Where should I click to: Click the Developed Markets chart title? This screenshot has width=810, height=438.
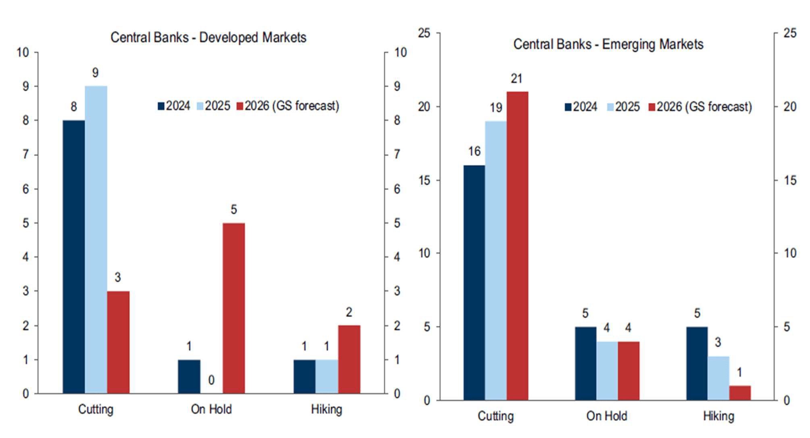point(208,38)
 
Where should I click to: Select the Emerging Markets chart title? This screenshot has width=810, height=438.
point(608,44)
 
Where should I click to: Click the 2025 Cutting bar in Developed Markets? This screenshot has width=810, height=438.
point(96,240)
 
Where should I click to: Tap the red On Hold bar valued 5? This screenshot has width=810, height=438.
point(233,308)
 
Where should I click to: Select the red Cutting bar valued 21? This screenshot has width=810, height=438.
point(517,246)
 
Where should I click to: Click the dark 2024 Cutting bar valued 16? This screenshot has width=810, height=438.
point(474,283)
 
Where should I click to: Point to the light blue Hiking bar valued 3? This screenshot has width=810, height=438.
point(718,378)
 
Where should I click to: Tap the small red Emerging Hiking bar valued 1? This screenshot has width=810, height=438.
point(740,393)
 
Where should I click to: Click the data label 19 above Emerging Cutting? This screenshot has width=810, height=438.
point(496,108)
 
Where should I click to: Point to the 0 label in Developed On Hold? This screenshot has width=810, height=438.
point(211,380)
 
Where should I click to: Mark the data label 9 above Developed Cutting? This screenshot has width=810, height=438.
point(96,73)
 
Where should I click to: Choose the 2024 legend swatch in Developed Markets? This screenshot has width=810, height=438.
point(161,106)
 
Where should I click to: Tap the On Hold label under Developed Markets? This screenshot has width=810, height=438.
point(211,409)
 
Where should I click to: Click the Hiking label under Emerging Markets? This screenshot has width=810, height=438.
point(718,416)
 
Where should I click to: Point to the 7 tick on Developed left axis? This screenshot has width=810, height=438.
point(26,154)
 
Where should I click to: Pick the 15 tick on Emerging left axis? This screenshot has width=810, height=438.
point(425,180)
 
